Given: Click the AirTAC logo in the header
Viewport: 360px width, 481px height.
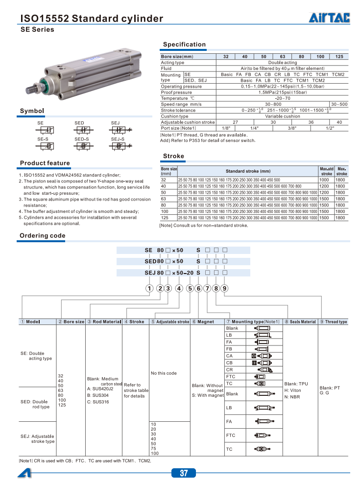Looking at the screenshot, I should point(329,19).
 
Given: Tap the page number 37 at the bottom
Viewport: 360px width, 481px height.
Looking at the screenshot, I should point(184,473).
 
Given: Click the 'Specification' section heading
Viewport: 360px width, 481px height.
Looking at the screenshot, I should point(184,45).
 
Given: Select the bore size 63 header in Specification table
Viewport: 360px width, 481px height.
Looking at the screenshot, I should point(283,57).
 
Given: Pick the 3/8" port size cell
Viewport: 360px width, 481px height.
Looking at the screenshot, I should point(292,128).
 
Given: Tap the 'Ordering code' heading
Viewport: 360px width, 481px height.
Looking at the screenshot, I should point(42,236).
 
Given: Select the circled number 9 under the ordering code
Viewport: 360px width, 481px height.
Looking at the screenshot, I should point(225,288).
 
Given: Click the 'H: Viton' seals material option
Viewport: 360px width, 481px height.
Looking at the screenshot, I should point(293,390).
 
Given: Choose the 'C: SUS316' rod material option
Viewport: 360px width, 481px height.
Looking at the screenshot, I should point(98,402).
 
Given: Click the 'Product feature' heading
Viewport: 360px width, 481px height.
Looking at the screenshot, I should point(45,163).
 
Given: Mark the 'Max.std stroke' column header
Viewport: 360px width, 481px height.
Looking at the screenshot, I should point(326,171).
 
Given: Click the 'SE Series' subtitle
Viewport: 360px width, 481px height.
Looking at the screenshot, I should point(37,30).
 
